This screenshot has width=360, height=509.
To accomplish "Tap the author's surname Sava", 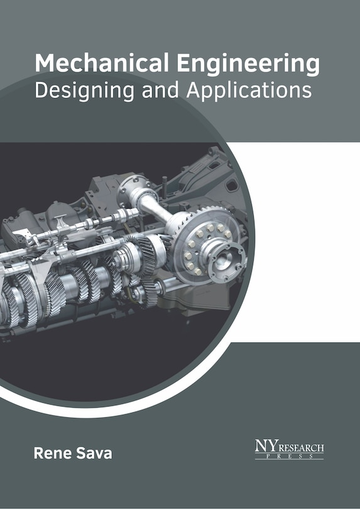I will coord(94,453).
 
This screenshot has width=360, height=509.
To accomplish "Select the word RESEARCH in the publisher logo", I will coord(301,448).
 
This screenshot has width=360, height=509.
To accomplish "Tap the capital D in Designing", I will coord(42,90).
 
